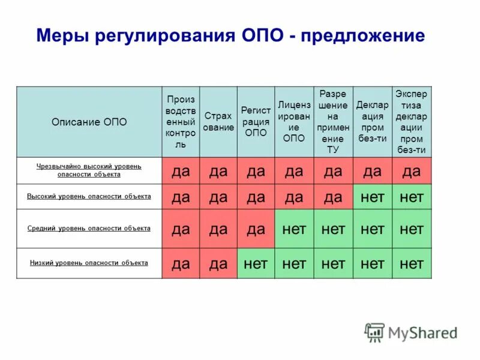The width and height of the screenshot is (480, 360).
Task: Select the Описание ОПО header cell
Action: (89, 122)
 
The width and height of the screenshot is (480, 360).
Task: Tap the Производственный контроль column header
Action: (181, 122)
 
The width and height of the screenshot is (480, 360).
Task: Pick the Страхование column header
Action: (218, 122)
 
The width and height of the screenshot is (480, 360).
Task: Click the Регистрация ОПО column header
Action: (256, 122)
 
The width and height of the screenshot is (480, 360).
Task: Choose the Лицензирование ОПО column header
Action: (294, 122)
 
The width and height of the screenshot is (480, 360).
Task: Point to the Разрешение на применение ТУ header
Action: (333, 122)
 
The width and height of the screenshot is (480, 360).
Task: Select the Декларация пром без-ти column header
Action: (372, 122)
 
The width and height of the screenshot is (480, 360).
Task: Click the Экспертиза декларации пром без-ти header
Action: (412, 122)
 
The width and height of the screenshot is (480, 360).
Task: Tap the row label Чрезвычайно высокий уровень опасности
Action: (89, 170)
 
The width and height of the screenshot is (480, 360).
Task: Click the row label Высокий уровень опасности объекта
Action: (89, 196)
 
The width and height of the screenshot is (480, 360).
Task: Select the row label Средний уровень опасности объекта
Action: (89, 229)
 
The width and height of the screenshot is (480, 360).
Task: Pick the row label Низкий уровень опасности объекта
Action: (89, 263)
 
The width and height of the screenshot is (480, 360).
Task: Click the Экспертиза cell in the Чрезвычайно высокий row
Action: (412, 171)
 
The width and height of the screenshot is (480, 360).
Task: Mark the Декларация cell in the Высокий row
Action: (372, 197)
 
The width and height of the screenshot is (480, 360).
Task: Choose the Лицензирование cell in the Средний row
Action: (294, 229)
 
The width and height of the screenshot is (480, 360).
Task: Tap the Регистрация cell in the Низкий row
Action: (256, 263)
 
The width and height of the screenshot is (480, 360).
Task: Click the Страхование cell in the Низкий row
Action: (218, 263)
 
